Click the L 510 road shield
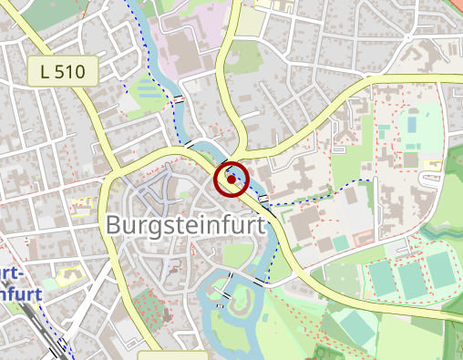[61, 70]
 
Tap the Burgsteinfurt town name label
[186, 224]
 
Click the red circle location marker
[231, 180]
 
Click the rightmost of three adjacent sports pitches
[441, 270]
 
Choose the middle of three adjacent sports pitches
[413, 274]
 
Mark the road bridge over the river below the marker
[262, 198]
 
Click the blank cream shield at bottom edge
[172, 354]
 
